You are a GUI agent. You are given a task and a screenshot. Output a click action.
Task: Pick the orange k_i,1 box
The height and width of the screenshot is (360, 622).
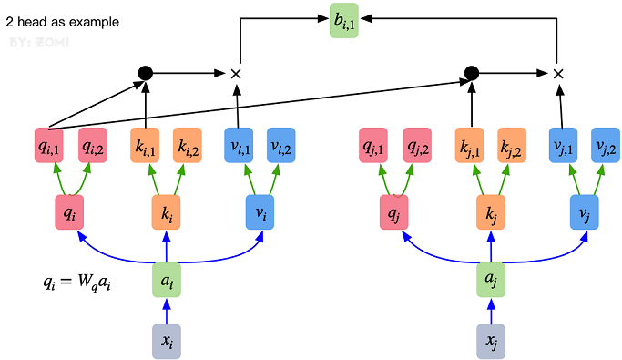pos(148,146)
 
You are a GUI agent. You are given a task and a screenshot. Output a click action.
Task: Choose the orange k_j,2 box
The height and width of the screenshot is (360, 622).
pos(512,146)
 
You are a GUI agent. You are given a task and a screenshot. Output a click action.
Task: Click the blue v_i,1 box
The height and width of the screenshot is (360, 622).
pos(240,146)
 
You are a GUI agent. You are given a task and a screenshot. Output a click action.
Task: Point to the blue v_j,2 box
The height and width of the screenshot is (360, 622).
pos(604,146)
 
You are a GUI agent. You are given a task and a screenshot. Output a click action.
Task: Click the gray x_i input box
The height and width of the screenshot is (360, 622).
pos(166,340)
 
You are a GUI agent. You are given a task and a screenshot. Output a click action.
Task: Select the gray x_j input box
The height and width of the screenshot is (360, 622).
pos(492,340)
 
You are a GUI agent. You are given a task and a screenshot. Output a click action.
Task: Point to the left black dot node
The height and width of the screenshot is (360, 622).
pos(144,73)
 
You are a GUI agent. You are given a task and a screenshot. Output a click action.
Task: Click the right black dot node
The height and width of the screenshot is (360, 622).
pos(471,73)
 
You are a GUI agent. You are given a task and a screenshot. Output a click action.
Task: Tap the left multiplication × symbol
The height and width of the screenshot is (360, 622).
pos(235,73)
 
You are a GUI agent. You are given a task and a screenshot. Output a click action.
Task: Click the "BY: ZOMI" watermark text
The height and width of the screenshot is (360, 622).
pos(34,43)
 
